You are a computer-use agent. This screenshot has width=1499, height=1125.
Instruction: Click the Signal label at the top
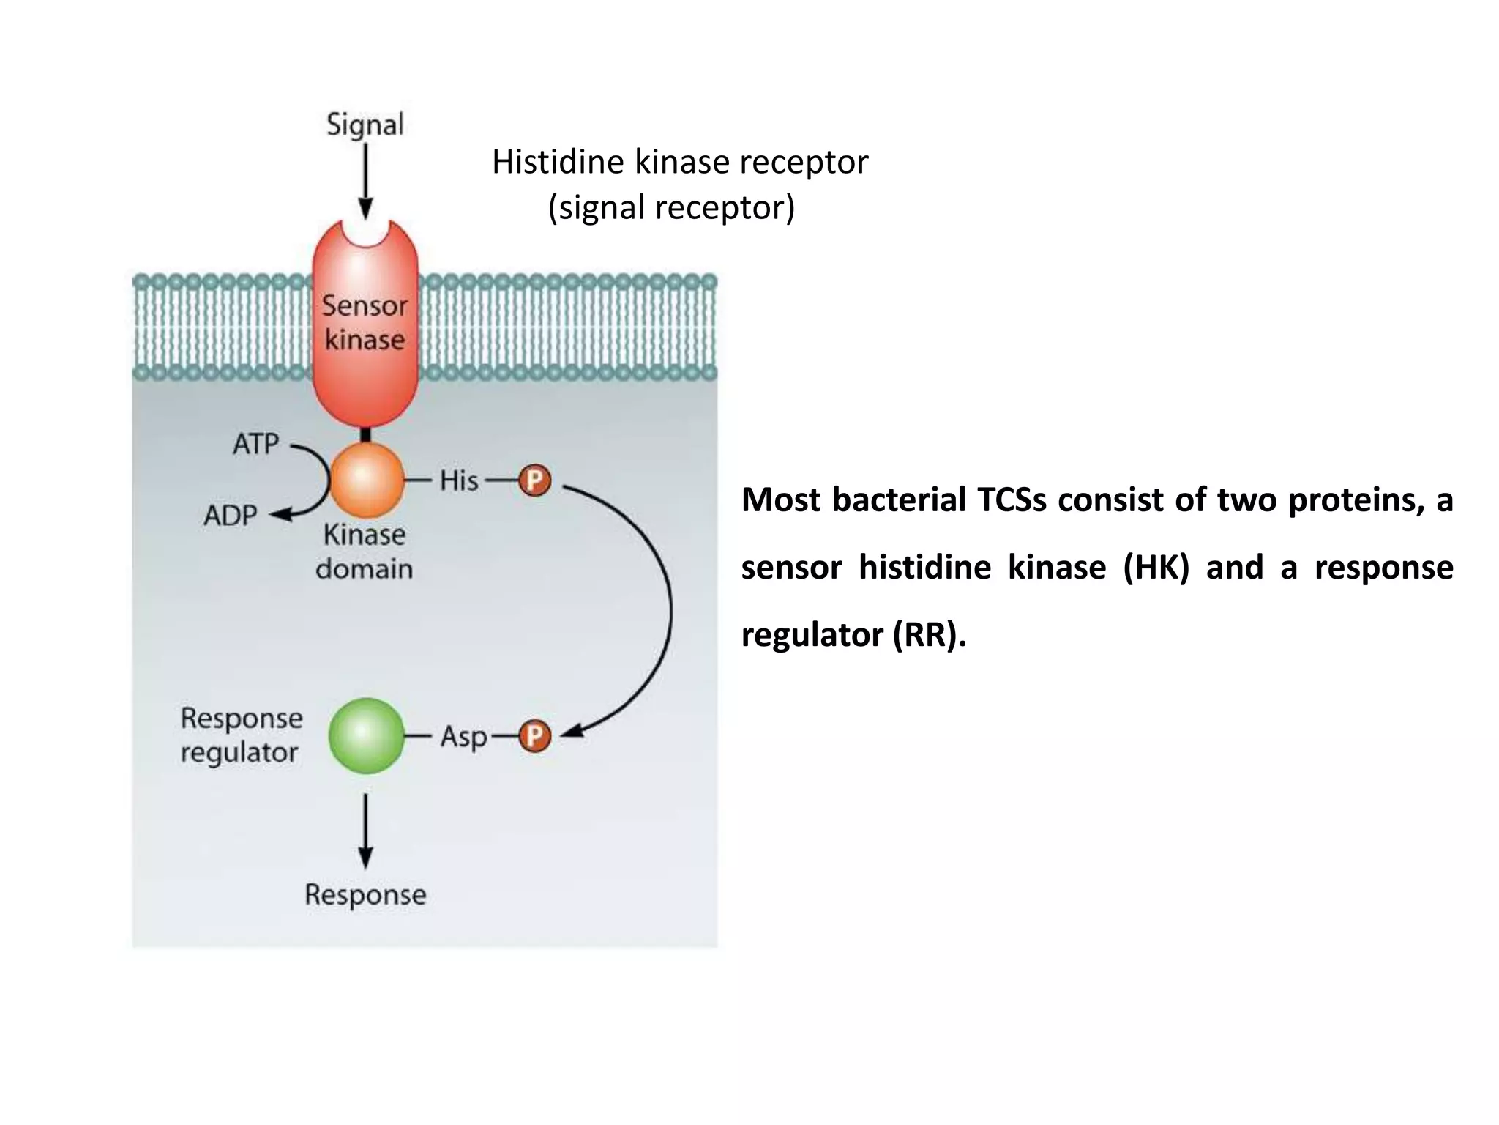click(x=365, y=125)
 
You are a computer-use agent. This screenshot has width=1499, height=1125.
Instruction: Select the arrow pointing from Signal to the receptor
click(x=365, y=180)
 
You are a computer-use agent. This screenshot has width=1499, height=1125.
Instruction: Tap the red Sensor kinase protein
click(x=365, y=323)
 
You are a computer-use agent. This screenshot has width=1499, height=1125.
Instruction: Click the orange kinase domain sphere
click(x=367, y=481)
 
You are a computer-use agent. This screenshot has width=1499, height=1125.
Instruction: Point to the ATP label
click(x=256, y=444)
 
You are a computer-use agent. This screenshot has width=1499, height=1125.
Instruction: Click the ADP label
click(x=231, y=516)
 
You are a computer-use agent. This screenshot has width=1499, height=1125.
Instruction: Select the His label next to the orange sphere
click(x=459, y=481)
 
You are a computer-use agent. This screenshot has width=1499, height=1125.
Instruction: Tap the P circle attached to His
click(x=535, y=481)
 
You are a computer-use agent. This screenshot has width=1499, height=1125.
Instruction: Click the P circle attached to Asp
click(x=535, y=736)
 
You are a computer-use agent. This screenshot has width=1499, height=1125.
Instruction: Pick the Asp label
click(x=463, y=737)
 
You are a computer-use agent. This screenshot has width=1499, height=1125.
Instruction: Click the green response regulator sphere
click(x=367, y=735)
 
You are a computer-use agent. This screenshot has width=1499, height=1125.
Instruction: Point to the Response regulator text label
click(x=241, y=735)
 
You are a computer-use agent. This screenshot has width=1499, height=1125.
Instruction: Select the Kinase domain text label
click(x=365, y=552)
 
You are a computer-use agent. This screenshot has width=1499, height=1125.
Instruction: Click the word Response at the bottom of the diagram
click(x=365, y=894)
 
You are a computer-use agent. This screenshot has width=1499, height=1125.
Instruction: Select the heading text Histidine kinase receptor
click(x=679, y=163)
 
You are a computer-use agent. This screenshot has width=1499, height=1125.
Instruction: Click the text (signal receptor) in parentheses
click(x=671, y=208)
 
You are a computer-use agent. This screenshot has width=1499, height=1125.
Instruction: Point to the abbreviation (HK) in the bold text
click(x=1156, y=568)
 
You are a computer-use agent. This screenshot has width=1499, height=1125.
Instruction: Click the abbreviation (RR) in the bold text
click(x=925, y=635)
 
